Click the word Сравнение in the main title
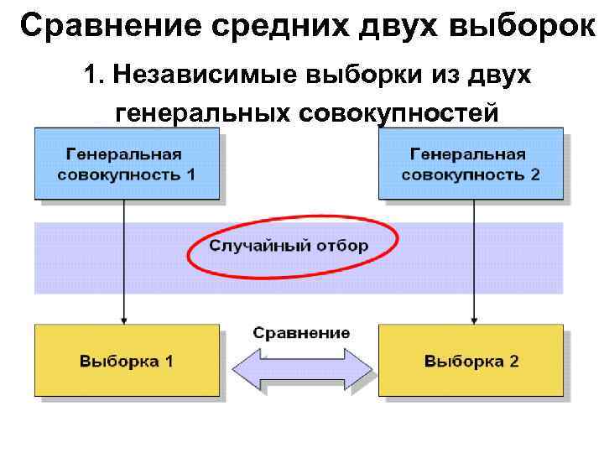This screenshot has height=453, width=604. pos(97,26)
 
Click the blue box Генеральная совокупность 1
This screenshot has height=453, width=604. pos(127,164)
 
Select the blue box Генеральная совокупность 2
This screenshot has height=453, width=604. pos(471,164)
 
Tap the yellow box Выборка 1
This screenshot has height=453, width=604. pos(127,362)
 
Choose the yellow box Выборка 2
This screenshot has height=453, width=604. pos(471,362)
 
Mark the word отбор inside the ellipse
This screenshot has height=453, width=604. pos(343,246)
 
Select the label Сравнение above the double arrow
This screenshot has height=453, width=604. pos(301,332)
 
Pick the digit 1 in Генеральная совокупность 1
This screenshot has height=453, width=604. pos(190,175)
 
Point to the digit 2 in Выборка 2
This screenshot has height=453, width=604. pos(513,362)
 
